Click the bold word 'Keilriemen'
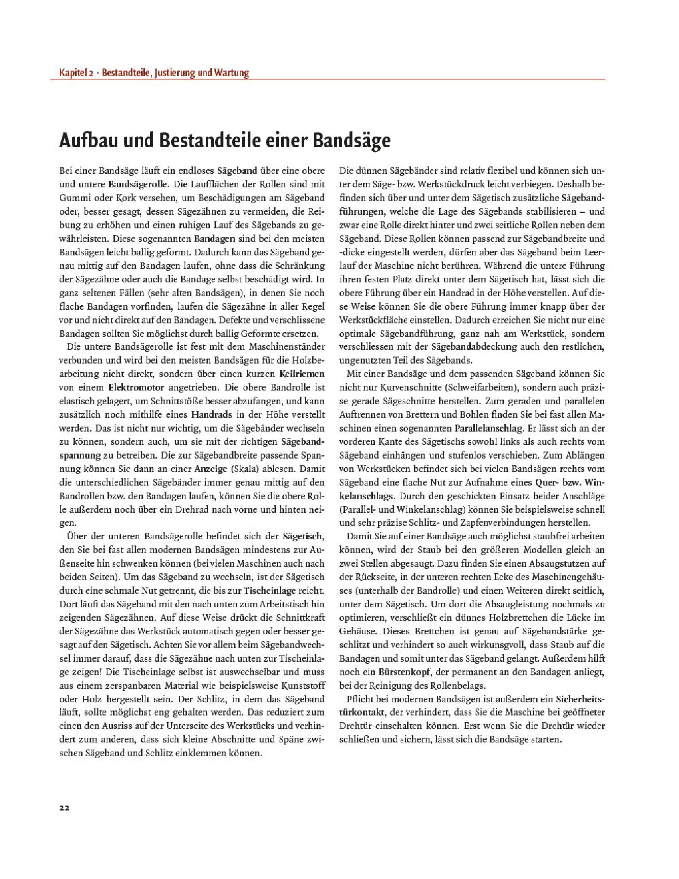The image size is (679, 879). pyautogui.click(x=302, y=374)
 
